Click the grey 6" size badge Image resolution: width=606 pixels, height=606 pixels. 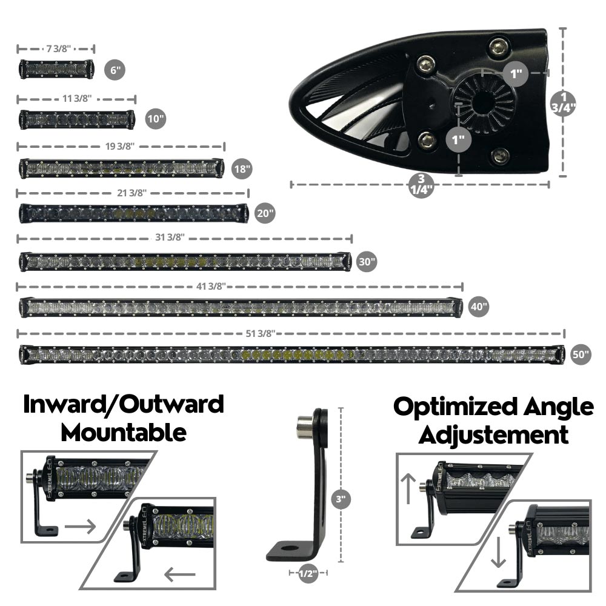point(113,70)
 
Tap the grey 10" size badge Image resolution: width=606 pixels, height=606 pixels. point(156,118)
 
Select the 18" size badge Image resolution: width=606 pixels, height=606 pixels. point(241,168)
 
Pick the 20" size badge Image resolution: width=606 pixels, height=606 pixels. point(265,213)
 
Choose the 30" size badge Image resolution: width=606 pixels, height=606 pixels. point(366,262)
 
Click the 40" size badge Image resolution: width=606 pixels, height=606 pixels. point(478,307)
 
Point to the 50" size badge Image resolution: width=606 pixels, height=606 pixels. point(580,355)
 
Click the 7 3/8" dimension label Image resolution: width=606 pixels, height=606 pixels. point(56,49)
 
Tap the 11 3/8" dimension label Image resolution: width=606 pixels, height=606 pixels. point(77,99)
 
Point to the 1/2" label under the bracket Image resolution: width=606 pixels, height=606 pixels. point(308,573)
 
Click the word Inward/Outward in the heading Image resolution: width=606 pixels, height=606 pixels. point(124,404)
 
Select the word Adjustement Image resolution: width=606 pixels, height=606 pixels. point(494,435)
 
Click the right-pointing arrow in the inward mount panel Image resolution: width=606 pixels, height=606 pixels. point(81,527)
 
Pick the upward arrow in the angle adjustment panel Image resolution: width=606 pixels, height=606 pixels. point(409,490)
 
